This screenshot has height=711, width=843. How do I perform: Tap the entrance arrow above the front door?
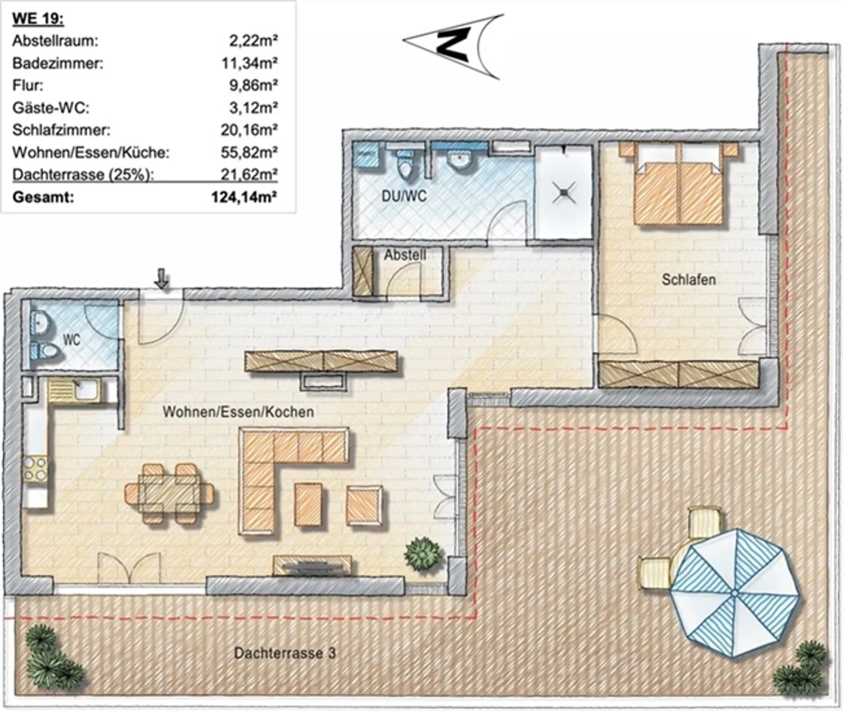click(161, 279)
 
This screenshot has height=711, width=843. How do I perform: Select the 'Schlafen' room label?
click(688, 280)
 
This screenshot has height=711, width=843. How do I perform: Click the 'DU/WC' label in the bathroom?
click(404, 196)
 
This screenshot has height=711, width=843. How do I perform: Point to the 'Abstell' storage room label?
click(405, 255)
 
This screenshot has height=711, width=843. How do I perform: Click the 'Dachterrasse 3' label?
click(285, 652)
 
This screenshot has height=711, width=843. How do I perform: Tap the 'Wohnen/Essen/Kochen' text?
click(238, 411)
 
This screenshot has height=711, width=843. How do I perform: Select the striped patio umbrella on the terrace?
click(734, 592)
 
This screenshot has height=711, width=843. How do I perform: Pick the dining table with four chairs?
click(169, 493)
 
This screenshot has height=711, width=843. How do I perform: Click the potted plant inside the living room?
click(423, 553)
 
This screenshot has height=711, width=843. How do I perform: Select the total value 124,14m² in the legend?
click(244, 197)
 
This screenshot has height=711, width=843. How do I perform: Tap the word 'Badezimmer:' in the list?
click(57, 63)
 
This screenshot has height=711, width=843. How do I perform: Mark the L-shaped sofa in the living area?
click(275, 469)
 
